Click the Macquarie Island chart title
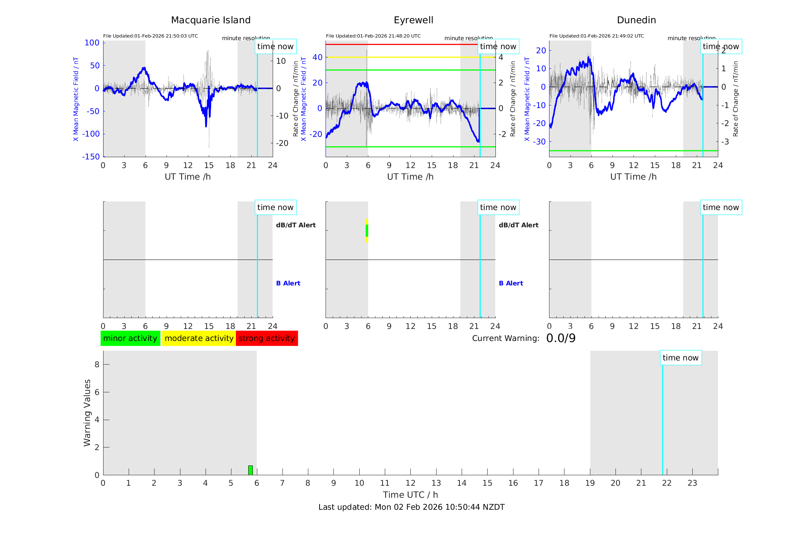(210, 20)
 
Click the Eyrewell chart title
(413, 20)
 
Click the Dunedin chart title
(636, 20)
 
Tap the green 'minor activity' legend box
(130, 338)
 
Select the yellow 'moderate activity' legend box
(199, 338)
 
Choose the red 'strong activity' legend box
(267, 338)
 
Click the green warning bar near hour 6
(251, 470)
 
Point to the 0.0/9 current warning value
(561, 338)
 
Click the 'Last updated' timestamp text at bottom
(411, 507)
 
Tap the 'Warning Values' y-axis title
(87, 413)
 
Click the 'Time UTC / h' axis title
(410, 495)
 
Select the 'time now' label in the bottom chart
(680, 358)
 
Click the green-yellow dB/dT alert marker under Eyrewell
(367, 231)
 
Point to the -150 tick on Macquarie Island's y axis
(91, 157)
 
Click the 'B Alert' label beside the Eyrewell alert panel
(511, 283)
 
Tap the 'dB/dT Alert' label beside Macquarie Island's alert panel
(296, 225)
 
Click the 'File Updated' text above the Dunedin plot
(596, 36)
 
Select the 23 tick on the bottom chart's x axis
(692, 483)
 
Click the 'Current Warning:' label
(506, 338)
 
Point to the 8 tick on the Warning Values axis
(97, 364)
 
